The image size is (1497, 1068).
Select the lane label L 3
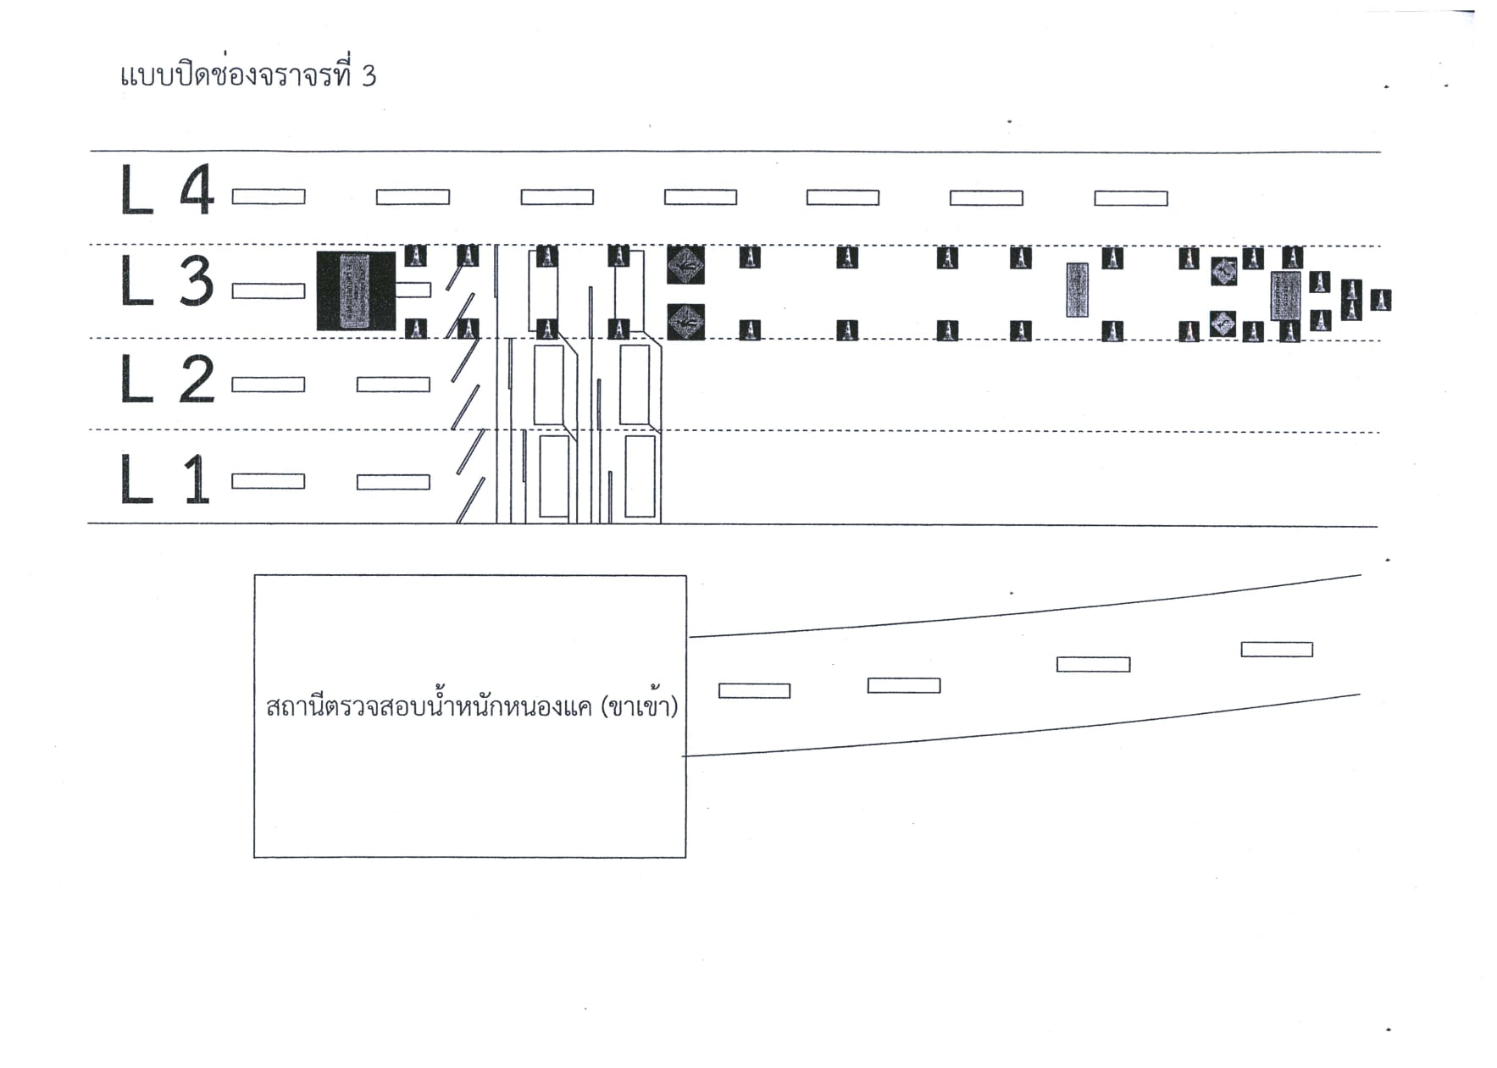click(x=167, y=282)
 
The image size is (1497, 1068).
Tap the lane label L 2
click(x=167, y=379)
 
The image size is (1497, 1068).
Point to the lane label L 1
click(x=165, y=479)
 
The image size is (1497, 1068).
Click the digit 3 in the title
click(x=369, y=76)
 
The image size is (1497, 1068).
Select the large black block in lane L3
click(x=356, y=291)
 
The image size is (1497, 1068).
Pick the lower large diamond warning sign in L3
click(x=685, y=322)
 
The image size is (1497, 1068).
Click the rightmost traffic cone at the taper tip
click(x=1381, y=300)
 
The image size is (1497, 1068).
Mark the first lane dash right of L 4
click(x=269, y=196)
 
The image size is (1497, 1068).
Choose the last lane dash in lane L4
click(x=1131, y=198)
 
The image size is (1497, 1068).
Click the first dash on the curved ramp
click(x=754, y=691)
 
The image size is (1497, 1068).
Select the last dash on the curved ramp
click(x=1277, y=650)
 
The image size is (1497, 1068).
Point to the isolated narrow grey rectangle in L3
click(x=1077, y=290)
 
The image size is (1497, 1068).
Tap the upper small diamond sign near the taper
click(x=1223, y=272)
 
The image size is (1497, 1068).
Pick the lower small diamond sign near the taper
click(x=1223, y=324)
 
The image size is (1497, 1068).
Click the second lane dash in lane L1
click(x=393, y=482)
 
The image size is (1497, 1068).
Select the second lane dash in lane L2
click(x=393, y=385)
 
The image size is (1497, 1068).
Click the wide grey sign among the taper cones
click(x=1286, y=296)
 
